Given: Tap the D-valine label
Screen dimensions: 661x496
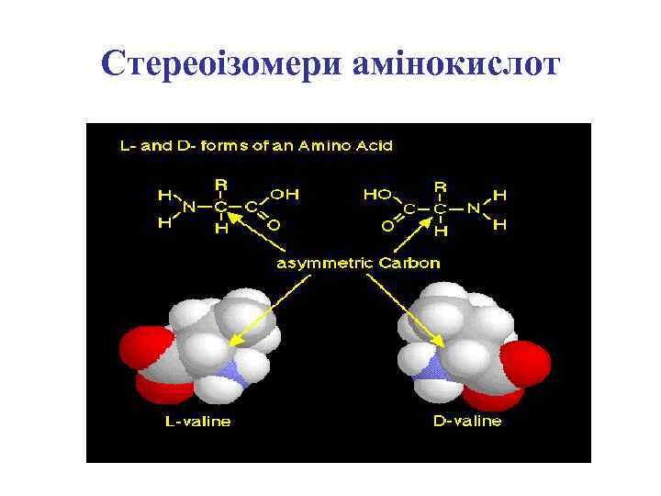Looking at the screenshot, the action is click(467, 422).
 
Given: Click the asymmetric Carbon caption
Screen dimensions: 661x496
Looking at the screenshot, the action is click(359, 263).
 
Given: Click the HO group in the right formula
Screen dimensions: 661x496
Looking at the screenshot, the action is click(377, 195).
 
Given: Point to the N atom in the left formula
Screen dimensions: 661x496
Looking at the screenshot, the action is click(189, 208).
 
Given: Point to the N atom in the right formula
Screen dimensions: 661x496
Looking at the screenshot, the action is click(473, 209).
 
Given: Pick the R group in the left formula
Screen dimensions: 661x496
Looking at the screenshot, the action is click(221, 186).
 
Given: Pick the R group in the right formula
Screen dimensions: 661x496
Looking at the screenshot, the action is click(441, 186).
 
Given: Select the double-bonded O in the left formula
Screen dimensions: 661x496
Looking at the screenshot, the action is click(274, 223).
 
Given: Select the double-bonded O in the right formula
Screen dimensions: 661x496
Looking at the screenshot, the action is click(388, 224).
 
